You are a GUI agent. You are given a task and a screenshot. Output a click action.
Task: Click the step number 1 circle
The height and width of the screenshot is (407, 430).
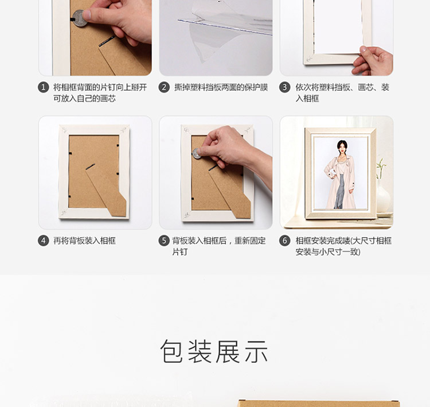(44, 87)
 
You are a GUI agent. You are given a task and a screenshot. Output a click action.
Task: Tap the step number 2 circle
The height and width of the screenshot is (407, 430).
(164, 87)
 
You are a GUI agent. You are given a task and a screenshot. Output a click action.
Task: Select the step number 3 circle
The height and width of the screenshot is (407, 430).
(284, 87)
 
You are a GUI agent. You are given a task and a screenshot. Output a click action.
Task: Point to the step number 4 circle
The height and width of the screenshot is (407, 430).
(44, 241)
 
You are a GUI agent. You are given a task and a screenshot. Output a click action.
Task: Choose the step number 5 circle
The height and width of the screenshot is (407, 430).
(164, 241)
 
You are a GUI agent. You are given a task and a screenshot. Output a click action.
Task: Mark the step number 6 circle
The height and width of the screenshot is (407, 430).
(284, 241)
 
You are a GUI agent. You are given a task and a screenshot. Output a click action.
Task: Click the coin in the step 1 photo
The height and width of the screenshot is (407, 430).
(79, 18)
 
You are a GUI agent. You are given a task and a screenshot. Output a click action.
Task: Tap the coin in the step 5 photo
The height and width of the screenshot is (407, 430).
(196, 153)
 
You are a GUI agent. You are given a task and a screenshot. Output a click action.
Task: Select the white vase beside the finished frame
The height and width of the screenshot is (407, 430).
(384, 196)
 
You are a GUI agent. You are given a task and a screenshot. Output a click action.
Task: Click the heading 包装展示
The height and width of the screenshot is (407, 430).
(214, 351)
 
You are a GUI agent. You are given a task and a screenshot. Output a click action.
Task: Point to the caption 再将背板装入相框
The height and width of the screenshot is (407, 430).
(84, 241)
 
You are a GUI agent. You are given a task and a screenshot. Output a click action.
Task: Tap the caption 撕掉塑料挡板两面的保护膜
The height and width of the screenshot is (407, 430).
(221, 87)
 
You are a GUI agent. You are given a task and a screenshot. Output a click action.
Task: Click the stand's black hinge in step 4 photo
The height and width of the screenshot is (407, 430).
(90, 166)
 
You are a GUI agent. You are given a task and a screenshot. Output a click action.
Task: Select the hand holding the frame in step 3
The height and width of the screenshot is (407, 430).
(373, 61)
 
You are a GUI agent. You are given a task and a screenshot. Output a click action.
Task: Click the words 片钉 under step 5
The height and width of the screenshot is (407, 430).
(180, 252)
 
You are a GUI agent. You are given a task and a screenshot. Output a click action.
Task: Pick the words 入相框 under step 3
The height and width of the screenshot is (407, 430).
(307, 99)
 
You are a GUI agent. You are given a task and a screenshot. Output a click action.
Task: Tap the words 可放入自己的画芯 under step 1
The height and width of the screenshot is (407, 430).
(84, 99)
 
